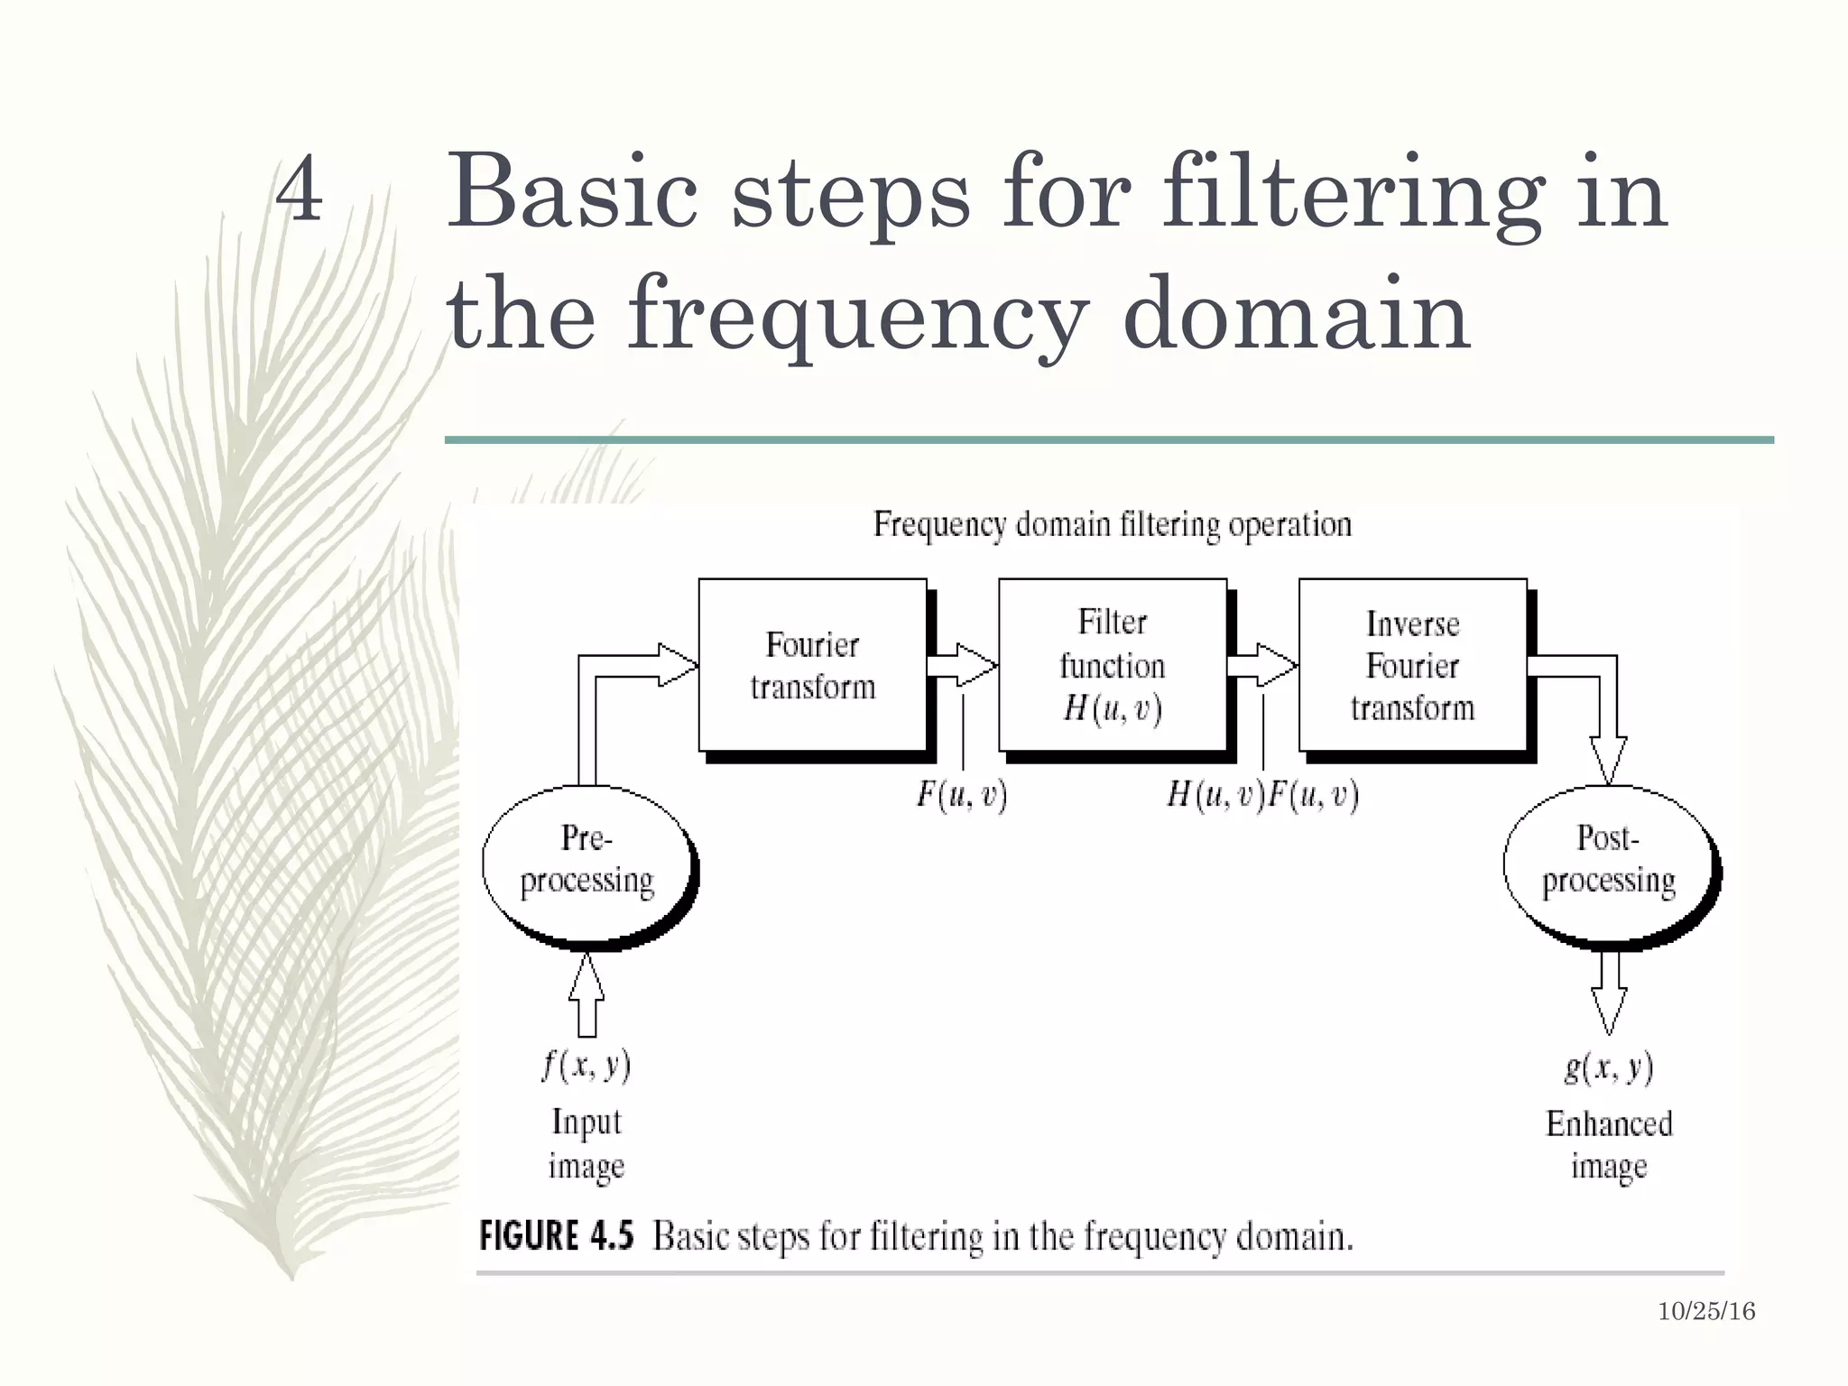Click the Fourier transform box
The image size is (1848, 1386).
(812, 665)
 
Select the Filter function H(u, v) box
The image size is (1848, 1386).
(1112, 665)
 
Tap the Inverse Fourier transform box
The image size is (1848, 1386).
(1412, 665)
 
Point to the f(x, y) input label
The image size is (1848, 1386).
(587, 1066)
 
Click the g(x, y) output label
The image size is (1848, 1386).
(1609, 1067)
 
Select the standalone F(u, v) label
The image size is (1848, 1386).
(962, 795)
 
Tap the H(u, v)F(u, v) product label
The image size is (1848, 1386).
(1262, 795)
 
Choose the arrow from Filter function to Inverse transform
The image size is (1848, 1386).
(1262, 666)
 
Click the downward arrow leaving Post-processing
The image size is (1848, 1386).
(1609, 993)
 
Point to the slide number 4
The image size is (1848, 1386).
(299, 189)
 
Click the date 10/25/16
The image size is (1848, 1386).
(1706, 1312)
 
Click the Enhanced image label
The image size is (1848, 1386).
(1609, 1144)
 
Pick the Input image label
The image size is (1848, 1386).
(587, 1143)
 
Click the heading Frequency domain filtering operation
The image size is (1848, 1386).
(1112, 524)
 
